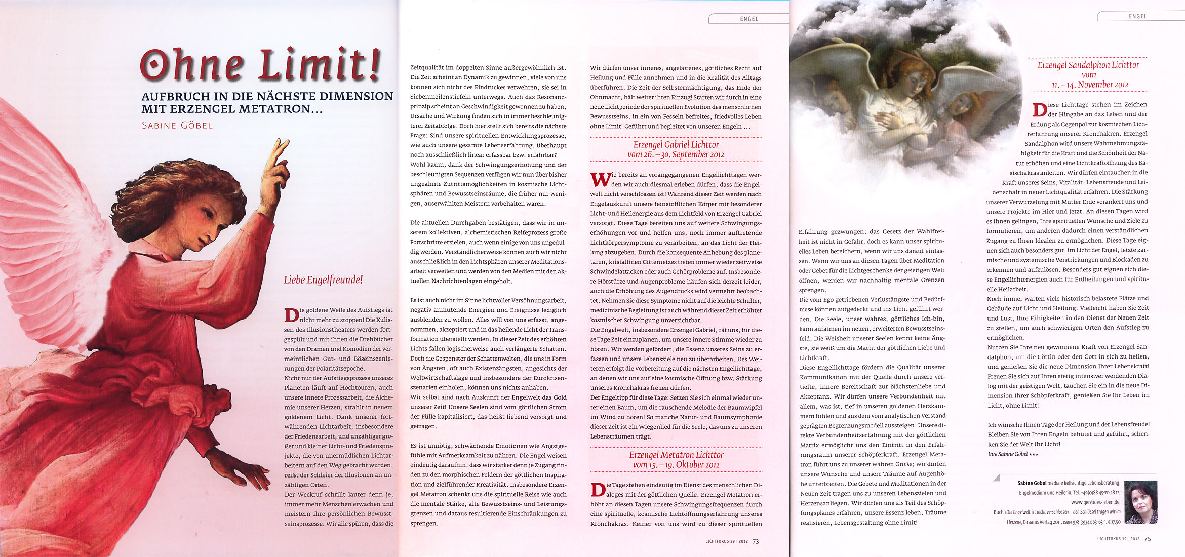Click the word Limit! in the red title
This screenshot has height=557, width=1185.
(319, 66)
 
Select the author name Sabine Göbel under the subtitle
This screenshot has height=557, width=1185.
(177, 125)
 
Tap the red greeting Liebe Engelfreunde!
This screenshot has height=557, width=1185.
(323, 280)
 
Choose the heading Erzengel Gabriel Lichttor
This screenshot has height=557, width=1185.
(676, 145)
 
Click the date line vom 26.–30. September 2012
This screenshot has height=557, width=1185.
(676, 154)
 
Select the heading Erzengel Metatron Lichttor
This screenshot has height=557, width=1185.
(676, 455)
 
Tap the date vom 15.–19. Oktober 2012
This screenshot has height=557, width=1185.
(676, 464)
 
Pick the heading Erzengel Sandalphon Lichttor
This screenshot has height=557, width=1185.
(1088, 65)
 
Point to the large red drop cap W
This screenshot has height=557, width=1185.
(601, 179)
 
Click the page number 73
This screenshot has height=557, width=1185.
(756, 541)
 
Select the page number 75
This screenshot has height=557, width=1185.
(1148, 539)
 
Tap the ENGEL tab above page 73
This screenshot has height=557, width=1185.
(749, 19)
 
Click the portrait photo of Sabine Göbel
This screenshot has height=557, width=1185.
(1140, 502)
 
